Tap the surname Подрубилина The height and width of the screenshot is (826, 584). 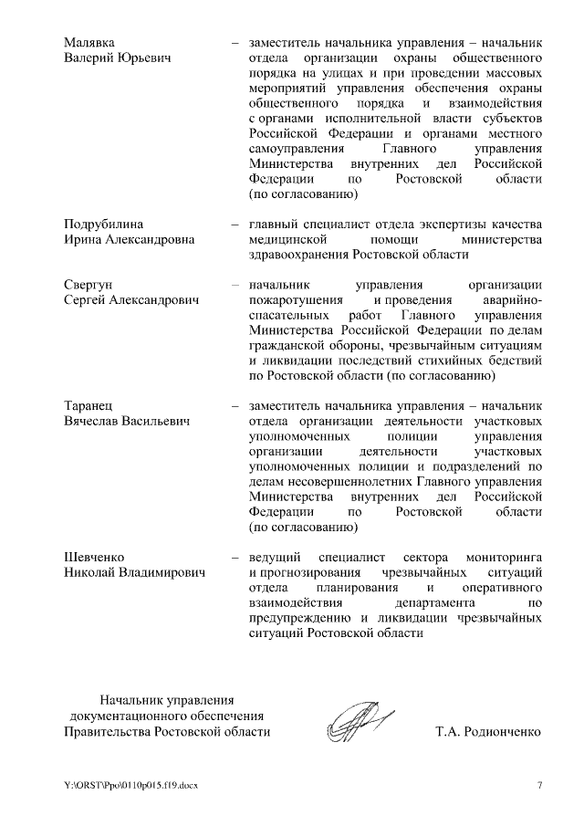pyautogui.click(x=104, y=224)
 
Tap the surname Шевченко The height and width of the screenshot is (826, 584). pyautogui.click(x=94, y=556)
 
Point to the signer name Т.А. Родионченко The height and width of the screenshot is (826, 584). pyautogui.click(x=490, y=732)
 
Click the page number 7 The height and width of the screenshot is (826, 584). pyautogui.click(x=539, y=786)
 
